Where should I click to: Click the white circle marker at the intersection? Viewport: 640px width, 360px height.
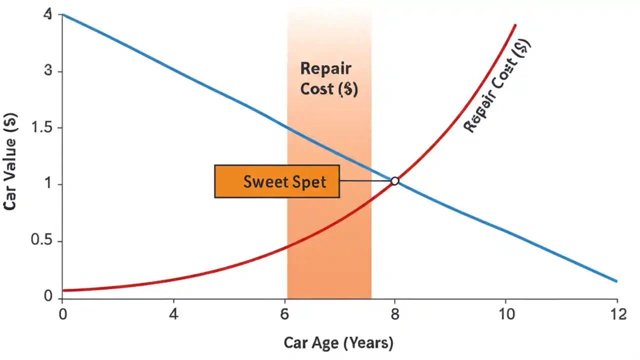[394, 181]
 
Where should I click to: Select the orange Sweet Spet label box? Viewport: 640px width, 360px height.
[277, 181]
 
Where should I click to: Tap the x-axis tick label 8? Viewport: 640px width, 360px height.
[394, 315]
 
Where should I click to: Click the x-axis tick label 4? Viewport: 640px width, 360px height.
[173, 315]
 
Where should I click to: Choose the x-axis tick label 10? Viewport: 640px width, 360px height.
[505, 315]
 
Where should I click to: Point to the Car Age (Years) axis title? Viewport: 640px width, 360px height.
[338, 343]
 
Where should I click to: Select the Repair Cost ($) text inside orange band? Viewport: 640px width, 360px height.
[328, 79]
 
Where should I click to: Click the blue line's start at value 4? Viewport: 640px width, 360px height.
[63, 14]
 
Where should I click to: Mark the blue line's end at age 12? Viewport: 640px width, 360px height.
[616, 281]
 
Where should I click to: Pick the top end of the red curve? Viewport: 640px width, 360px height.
[515, 25]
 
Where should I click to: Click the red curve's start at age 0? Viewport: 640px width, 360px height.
[63, 290]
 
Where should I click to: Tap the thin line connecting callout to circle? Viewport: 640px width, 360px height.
[365, 181]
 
